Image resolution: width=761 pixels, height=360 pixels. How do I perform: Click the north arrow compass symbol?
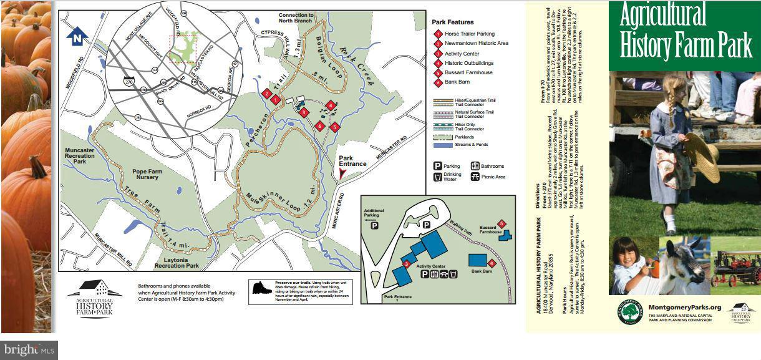[x=77, y=36]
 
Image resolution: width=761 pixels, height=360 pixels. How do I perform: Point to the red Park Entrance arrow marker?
[x=341, y=174]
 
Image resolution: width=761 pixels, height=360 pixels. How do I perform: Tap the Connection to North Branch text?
[x=296, y=17]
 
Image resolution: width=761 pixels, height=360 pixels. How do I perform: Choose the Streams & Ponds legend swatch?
[x=442, y=145]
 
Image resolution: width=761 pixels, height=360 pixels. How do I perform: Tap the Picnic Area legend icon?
[x=475, y=177]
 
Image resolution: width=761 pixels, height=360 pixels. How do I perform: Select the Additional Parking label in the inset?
[x=374, y=214]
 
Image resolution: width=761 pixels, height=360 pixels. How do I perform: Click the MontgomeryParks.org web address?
[x=684, y=307]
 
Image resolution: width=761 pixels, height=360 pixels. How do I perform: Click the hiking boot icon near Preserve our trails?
[x=261, y=288]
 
